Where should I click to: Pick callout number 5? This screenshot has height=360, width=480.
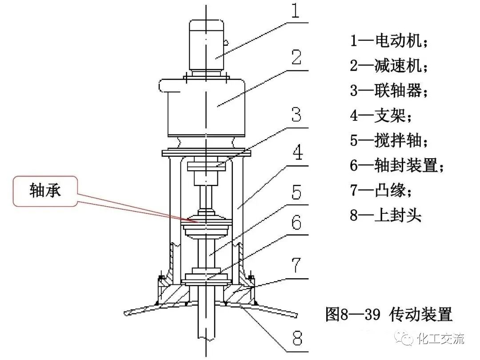pos(297,194)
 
